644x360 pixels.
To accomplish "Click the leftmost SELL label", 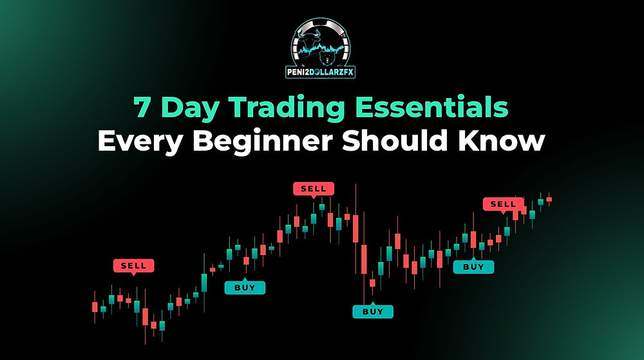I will click(133, 265).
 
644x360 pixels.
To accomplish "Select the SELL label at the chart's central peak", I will click(314, 189).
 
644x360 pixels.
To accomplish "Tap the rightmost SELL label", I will click(503, 204).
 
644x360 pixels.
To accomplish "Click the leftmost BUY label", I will click(244, 287).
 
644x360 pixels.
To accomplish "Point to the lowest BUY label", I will click(372, 311).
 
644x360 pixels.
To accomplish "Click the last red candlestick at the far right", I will click(549, 199).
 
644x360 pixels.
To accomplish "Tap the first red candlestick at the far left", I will click(95, 306).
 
